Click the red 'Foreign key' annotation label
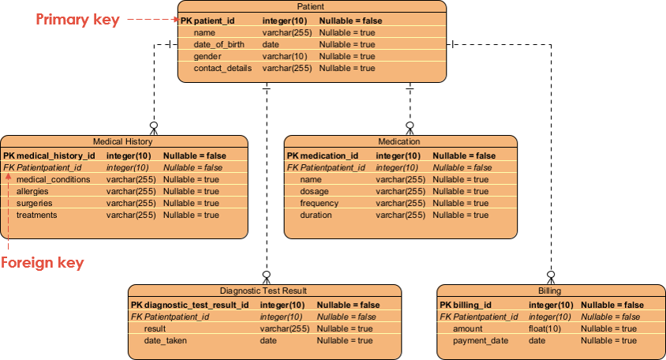(x=42, y=262)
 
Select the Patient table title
(x=312, y=6)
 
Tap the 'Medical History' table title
(x=123, y=142)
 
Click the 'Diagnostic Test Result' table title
(x=264, y=291)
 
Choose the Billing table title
(x=551, y=291)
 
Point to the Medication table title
(x=399, y=142)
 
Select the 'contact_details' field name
(x=223, y=68)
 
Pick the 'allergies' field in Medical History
(x=32, y=191)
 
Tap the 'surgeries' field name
(x=34, y=203)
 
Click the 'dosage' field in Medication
(x=316, y=191)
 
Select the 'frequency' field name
(x=320, y=203)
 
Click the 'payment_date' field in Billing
(x=481, y=340)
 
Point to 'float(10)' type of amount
(x=544, y=328)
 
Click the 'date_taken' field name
(x=165, y=340)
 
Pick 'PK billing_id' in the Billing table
(x=466, y=305)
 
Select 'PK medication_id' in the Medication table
(x=323, y=156)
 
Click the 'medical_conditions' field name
(x=53, y=179)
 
